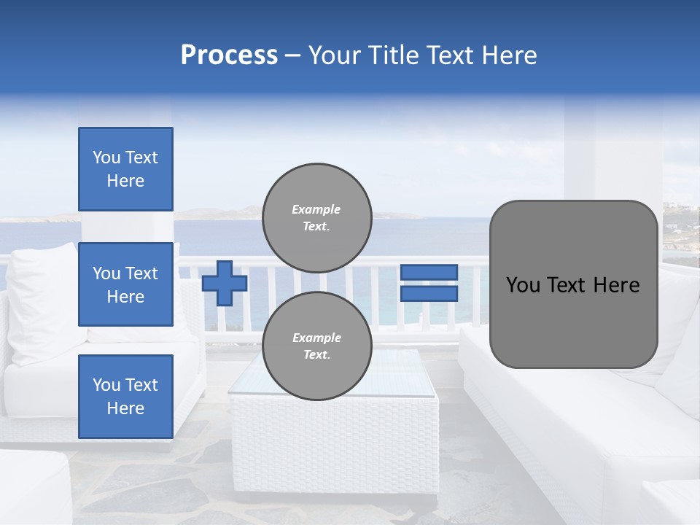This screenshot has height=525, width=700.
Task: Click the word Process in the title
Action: (x=229, y=55)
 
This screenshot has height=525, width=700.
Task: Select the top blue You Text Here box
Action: (x=125, y=169)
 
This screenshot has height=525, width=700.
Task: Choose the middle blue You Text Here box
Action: (x=125, y=284)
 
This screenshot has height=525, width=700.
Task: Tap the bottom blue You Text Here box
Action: (x=125, y=397)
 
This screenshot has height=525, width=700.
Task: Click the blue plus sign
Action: (x=224, y=283)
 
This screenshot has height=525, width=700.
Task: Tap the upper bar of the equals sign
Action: (x=429, y=272)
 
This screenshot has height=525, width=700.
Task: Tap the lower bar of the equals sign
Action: (x=429, y=293)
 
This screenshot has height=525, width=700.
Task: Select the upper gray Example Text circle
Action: (x=316, y=218)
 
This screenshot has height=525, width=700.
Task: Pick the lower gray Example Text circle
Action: (x=316, y=346)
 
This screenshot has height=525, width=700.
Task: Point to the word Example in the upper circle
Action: (x=316, y=209)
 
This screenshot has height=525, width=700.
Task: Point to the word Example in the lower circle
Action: (x=316, y=338)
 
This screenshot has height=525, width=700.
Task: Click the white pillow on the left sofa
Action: (x=44, y=299)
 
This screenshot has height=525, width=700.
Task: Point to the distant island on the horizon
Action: (x=219, y=213)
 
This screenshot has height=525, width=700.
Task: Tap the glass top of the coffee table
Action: (x=408, y=379)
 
